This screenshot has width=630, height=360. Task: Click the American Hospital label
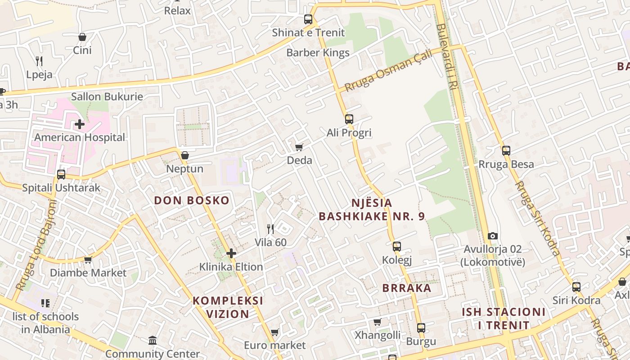point(80,137)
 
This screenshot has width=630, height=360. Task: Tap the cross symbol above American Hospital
point(80,124)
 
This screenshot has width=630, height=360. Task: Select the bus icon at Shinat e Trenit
point(308,19)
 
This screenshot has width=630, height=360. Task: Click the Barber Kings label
point(318,53)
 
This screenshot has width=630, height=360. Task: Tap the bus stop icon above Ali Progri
point(349,119)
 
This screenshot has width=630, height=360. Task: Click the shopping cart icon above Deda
point(299,147)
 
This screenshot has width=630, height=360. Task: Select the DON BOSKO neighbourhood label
point(192,200)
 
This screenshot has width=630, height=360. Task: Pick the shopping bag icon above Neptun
point(184,155)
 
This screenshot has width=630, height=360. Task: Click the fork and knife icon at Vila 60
point(270,229)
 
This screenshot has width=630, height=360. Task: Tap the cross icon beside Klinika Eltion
point(231,253)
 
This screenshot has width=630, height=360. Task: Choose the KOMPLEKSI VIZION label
point(228,307)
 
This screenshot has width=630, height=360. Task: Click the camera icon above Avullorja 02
point(493,236)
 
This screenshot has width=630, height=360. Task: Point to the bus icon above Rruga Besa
point(506,151)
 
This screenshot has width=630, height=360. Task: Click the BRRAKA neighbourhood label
point(407,288)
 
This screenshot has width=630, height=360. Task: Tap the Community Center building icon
point(153,341)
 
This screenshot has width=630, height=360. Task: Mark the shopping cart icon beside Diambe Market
point(88,260)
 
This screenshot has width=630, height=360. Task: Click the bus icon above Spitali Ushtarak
point(61,174)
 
